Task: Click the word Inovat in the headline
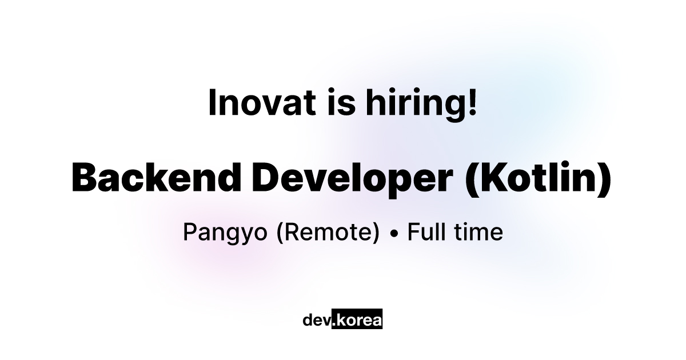262,102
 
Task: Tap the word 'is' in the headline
341,102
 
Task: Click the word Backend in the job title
157,178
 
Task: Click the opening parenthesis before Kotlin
471,179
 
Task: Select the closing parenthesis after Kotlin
604,179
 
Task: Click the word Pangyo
225,233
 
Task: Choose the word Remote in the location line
328,232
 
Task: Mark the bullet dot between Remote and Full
394,234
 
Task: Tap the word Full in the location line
426,232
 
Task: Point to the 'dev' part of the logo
317,320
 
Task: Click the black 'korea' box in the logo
357,319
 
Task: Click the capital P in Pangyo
190,232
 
